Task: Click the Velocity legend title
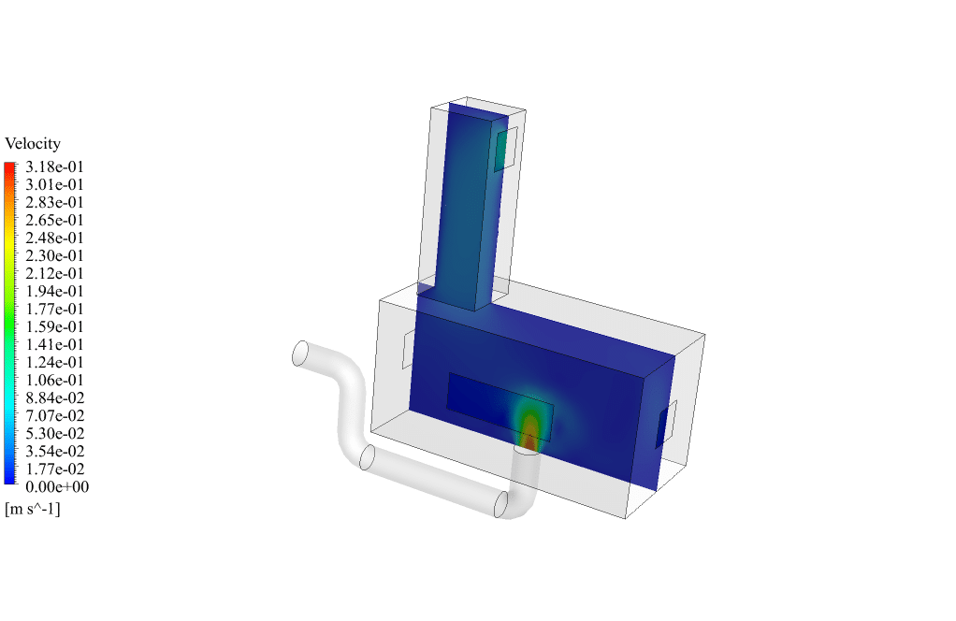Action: pyautogui.click(x=33, y=144)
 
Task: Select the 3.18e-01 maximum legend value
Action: pyautogui.click(x=54, y=167)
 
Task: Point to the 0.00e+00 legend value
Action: pyautogui.click(x=57, y=487)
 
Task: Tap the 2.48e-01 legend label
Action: pyautogui.click(x=54, y=238)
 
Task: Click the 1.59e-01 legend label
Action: pyautogui.click(x=54, y=327)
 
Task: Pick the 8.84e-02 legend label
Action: pyautogui.click(x=54, y=398)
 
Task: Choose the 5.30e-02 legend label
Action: pyautogui.click(x=54, y=434)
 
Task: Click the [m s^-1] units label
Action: pyautogui.click(x=33, y=509)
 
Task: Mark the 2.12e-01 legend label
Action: pyautogui.click(x=54, y=274)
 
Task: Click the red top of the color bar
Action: pyautogui.click(x=9, y=166)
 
